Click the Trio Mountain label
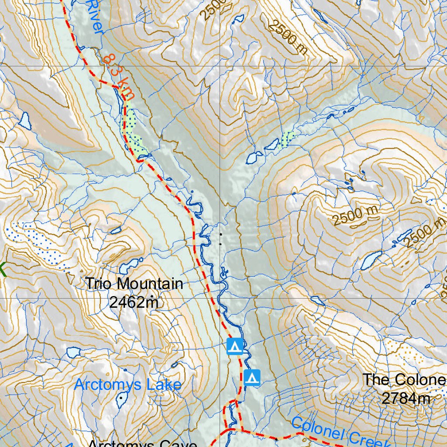click(134, 284)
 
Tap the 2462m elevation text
click(134, 302)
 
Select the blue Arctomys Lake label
click(127, 385)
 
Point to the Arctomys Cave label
click(142, 443)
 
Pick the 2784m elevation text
click(406, 398)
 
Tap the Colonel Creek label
click(340, 433)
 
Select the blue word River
click(96, 17)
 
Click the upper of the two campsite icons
click(235, 347)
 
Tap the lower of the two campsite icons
click(252, 378)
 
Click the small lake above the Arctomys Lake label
click(73, 351)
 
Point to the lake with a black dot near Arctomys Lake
click(121, 399)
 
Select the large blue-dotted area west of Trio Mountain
click(37, 242)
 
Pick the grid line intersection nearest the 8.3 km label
click(220, 66)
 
